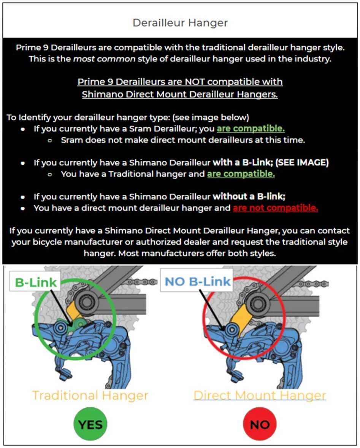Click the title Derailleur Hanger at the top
point(180,23)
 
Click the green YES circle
point(90,424)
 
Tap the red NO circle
point(260,424)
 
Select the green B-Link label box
point(35,282)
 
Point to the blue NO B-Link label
point(197,282)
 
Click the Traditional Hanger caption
point(90,396)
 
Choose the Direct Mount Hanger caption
point(260,396)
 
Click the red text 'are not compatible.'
point(276,208)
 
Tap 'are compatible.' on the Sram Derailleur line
point(251,129)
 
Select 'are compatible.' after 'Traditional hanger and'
point(241,174)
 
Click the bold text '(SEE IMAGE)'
point(302,162)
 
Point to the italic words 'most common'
point(104,59)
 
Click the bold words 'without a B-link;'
point(249,196)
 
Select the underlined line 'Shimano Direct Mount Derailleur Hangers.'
point(180,94)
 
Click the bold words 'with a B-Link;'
point(243,162)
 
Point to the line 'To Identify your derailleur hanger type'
point(128,118)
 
